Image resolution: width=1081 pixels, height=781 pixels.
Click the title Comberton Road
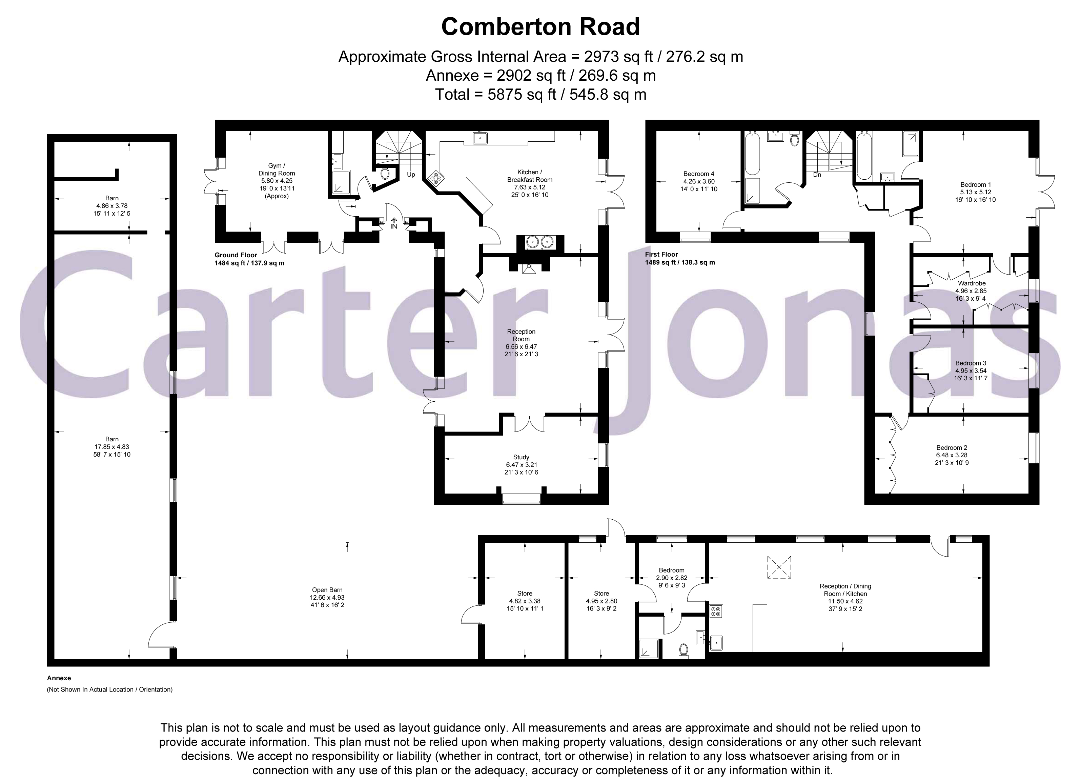pyautogui.click(x=540, y=27)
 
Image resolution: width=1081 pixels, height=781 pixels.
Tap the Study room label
pyautogui.click(x=522, y=457)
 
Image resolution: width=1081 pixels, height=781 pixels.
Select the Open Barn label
pyautogui.click(x=327, y=590)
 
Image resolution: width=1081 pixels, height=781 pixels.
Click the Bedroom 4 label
pyautogui.click(x=699, y=174)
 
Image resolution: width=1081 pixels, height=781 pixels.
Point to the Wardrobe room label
pyautogui.click(x=971, y=283)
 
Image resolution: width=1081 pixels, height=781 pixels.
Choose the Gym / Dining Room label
pyautogui.click(x=277, y=170)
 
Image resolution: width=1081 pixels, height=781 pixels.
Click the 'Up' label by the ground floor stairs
pyautogui.click(x=411, y=175)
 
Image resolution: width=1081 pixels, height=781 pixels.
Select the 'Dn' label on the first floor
pyautogui.click(x=817, y=175)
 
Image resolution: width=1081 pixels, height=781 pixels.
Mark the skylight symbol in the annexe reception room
pyautogui.click(x=779, y=567)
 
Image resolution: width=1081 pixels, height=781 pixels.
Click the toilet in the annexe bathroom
pyautogui.click(x=684, y=651)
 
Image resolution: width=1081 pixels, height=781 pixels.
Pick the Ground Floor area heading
pyautogui.click(x=236, y=255)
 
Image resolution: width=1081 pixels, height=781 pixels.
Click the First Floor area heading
pyautogui.click(x=661, y=255)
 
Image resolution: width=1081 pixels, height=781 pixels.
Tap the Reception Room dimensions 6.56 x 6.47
pyautogui.click(x=522, y=347)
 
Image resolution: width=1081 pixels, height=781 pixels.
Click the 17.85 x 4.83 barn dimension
pyautogui.click(x=112, y=447)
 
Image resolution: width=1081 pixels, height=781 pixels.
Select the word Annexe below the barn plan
pyautogui.click(x=59, y=678)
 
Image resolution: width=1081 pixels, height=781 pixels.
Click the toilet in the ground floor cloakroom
pyautogui.click(x=385, y=174)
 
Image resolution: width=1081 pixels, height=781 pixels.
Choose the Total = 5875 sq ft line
pyautogui.click(x=540, y=95)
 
